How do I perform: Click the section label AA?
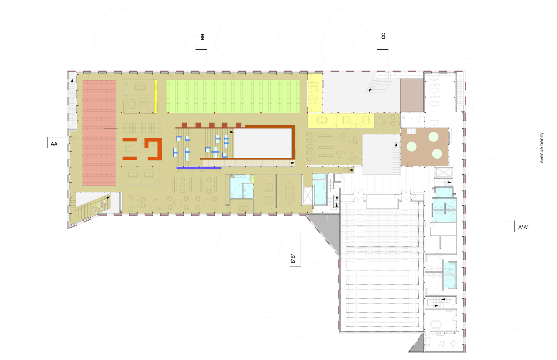point(54,144)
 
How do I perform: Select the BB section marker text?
point(202,37)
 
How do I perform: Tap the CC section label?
point(383,36)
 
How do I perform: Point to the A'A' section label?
point(523,228)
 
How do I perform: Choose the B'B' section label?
point(293,259)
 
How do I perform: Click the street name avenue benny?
point(542,148)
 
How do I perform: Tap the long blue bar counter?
point(199,168)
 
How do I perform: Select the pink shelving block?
point(99,133)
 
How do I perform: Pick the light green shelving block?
point(233,96)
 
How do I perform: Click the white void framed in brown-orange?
point(263,143)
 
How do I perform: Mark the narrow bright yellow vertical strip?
point(155,96)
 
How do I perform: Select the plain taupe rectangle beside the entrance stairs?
point(412,95)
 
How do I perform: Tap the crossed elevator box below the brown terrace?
point(442,172)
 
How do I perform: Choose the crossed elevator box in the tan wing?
point(307,195)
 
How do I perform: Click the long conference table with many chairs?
point(289,192)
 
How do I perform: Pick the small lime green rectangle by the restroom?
point(252,179)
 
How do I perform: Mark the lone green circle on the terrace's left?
point(411,147)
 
